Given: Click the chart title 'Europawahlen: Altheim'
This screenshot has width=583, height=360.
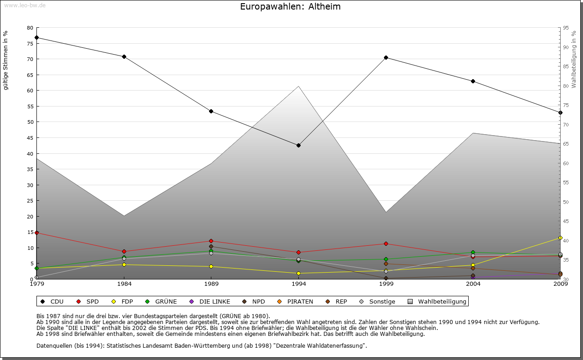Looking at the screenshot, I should pyautogui.click(x=290, y=7).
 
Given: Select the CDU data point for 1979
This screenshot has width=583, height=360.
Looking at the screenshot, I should pyautogui.click(x=36, y=37).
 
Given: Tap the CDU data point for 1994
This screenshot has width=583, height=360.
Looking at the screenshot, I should pyautogui.click(x=298, y=145).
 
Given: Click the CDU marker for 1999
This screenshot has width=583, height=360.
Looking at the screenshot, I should pyautogui.click(x=386, y=57).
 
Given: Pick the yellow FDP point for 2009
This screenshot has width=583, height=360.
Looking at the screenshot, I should pyautogui.click(x=560, y=238).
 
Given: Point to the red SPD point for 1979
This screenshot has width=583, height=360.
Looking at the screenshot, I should pyautogui.click(x=36, y=233).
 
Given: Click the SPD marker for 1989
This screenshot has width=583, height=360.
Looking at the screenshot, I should pyautogui.click(x=211, y=241).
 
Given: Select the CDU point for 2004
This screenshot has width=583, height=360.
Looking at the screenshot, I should pyautogui.click(x=473, y=81).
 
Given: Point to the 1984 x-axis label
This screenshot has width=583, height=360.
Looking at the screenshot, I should pyautogui.click(x=124, y=284).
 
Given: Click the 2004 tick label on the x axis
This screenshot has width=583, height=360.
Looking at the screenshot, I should pyautogui.click(x=473, y=284).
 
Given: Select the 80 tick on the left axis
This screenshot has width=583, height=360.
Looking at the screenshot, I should pyautogui.click(x=30, y=28).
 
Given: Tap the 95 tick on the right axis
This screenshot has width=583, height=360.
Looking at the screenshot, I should pyautogui.click(x=566, y=28).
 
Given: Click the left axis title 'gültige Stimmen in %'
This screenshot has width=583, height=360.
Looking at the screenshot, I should pyautogui.click(x=6, y=61).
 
